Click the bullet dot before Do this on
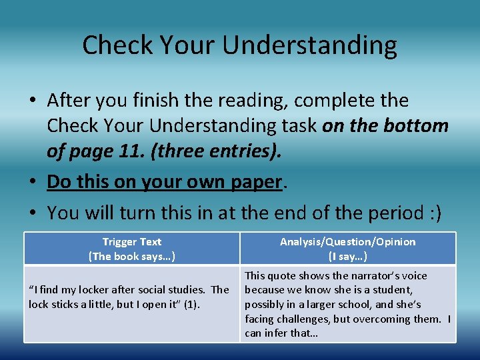pos(33,182)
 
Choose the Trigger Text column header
pos(132,242)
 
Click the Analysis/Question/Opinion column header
pos(347,242)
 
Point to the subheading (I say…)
pos(347,256)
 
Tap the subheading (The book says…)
pos(132,256)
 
